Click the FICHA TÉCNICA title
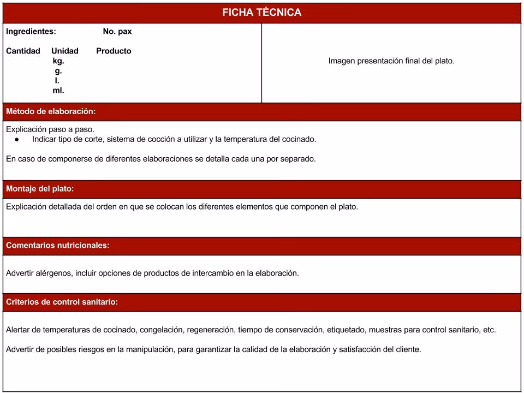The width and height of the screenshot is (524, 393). [261, 13]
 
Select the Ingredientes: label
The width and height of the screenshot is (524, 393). [31, 32]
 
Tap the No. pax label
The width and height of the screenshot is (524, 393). [117, 32]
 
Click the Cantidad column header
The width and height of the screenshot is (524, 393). [23, 51]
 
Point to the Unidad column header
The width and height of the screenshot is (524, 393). [65, 51]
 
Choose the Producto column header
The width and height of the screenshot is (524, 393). [114, 51]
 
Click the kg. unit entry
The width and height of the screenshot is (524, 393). [58, 61]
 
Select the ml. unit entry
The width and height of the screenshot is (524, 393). [58, 91]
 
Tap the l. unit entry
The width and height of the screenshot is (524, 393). [57, 81]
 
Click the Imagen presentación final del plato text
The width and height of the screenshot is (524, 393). [391, 61]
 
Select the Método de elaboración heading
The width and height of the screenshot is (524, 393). [51, 111]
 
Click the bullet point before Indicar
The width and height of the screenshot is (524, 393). [17, 139]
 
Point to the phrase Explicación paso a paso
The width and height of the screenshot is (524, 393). [50, 129]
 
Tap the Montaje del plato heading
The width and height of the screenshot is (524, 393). [40, 189]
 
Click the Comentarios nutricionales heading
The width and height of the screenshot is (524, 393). [58, 246]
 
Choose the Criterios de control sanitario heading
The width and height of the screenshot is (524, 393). [62, 302]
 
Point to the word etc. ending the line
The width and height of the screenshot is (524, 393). [490, 330]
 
